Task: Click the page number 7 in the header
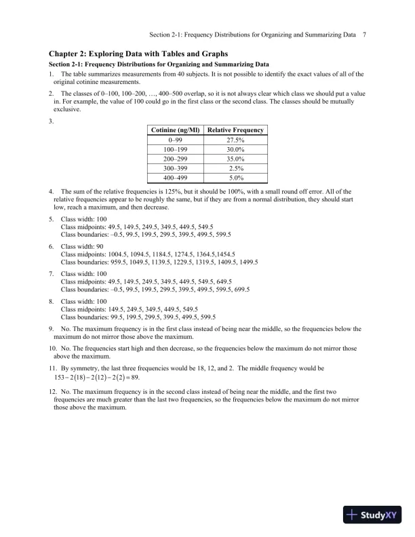(x=365, y=35)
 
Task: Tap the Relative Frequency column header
(x=236, y=130)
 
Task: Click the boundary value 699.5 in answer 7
(x=241, y=289)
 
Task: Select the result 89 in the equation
(x=133, y=378)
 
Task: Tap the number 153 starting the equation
(x=60, y=378)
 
